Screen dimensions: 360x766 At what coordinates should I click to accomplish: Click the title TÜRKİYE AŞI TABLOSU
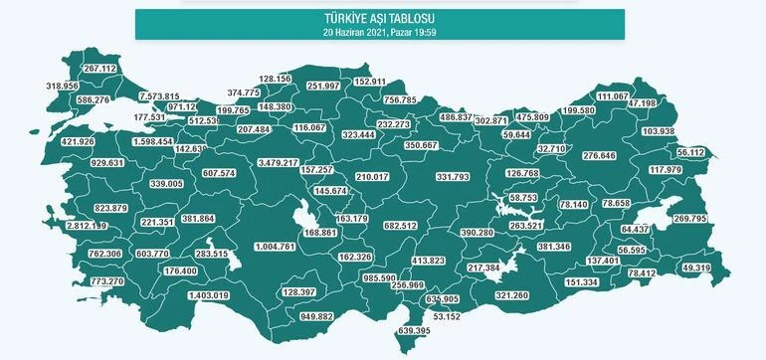(x=380, y=18)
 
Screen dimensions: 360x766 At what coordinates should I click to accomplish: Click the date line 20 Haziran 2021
(x=380, y=30)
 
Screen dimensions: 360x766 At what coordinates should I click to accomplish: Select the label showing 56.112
(x=689, y=152)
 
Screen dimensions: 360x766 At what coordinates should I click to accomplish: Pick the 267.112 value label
(x=100, y=69)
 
